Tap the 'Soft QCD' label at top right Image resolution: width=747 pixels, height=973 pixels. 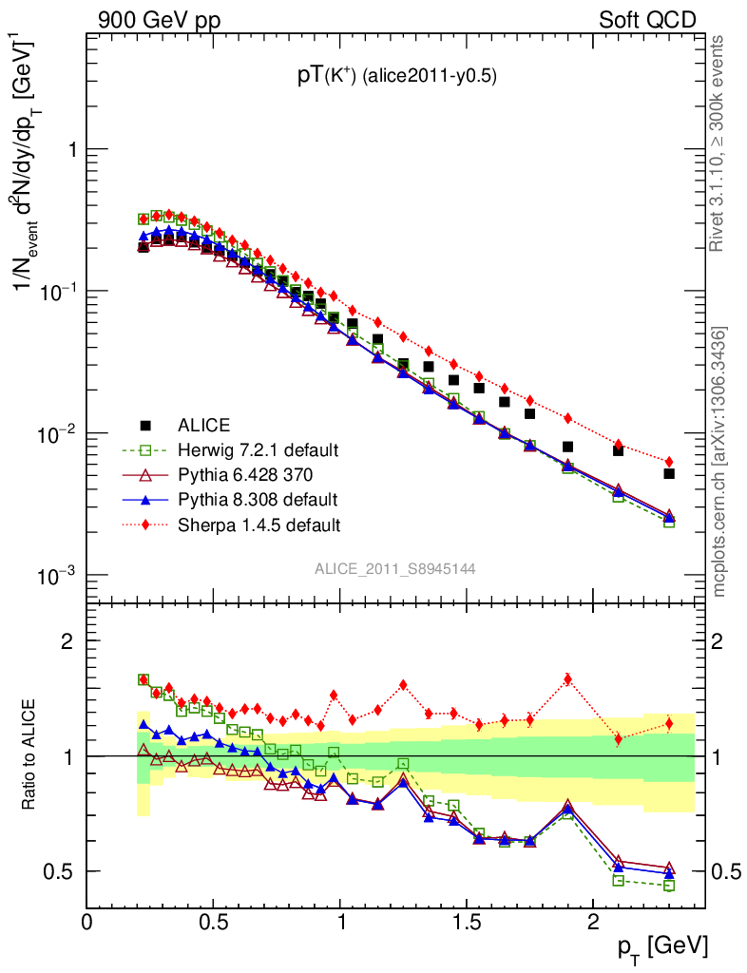tap(647, 19)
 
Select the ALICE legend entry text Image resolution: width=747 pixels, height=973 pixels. tap(203, 425)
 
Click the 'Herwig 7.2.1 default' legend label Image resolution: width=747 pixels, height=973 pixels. tap(259, 449)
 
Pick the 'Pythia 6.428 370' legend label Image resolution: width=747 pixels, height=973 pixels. tap(244, 474)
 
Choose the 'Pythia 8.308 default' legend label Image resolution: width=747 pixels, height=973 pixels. tap(258, 499)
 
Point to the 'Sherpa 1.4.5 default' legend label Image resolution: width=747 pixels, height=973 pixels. tap(259, 524)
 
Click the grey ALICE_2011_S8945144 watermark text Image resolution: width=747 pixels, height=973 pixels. tap(395, 568)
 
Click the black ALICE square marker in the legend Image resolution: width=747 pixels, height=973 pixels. tap(144, 425)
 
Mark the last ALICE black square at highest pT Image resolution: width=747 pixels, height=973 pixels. tap(669, 473)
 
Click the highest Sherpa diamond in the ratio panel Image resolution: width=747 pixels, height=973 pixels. tap(567, 678)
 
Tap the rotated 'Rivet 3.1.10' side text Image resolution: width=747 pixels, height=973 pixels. tap(718, 143)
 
